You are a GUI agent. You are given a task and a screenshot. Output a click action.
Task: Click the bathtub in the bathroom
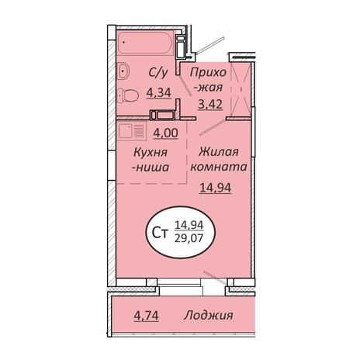tap(145, 43)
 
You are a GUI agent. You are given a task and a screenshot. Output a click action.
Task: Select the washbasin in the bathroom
tap(123, 70)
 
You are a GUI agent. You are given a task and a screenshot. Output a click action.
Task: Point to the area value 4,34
tap(159, 92)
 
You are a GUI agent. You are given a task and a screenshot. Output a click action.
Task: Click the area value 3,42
tap(210, 104)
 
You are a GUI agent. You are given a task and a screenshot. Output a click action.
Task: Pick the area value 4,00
tap(165, 133)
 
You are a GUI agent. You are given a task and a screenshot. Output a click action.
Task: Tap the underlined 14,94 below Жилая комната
tap(216, 188)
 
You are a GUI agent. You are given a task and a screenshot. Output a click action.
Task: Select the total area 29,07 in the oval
tap(189, 237)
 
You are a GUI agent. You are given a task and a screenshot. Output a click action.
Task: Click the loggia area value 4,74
tap(147, 316)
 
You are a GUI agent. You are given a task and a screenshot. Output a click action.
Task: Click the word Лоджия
tap(209, 315)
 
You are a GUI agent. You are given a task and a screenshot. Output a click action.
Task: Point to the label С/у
tap(158, 73)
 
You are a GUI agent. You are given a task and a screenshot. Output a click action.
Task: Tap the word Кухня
tap(151, 152)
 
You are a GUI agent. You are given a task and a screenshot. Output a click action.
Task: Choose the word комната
tap(219, 167)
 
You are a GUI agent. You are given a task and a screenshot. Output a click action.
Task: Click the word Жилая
tap(219, 152)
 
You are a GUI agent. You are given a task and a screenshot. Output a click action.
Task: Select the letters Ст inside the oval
tap(160, 233)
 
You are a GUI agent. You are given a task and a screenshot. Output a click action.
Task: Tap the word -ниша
tap(151, 168)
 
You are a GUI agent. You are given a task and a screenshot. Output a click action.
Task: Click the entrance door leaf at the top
tap(210, 46)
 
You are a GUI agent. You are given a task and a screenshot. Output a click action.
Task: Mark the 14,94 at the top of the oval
tap(189, 225)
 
